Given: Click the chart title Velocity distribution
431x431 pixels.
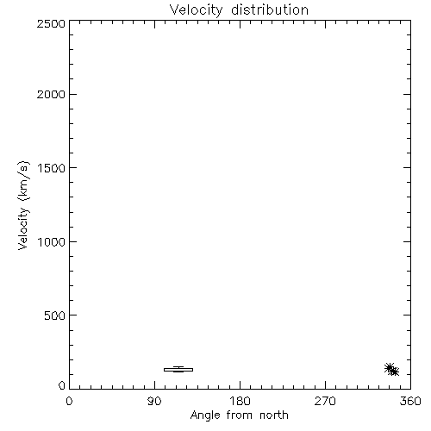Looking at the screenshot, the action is click(239, 10).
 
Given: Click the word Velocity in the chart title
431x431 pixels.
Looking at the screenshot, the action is click(196, 10).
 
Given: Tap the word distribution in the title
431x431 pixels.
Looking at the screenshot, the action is click(270, 9).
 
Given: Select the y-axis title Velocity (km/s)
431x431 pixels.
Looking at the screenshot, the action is click(23, 205).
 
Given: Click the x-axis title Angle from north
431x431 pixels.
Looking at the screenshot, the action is click(239, 415).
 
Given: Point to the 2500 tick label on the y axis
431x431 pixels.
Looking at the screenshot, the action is click(51, 23).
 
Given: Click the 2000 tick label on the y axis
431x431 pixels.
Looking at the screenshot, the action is click(51, 94).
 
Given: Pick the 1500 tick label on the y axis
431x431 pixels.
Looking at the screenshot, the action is click(52, 168).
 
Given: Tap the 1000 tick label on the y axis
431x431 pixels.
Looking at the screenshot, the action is click(52, 241).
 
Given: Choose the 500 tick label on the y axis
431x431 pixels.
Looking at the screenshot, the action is click(55, 315).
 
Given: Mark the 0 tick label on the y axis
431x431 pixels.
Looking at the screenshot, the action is click(62, 385).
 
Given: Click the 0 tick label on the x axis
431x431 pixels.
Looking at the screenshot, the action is click(69, 401).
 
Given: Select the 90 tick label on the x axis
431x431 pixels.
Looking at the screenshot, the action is click(154, 401).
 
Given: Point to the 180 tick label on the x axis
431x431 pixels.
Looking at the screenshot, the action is click(240, 401).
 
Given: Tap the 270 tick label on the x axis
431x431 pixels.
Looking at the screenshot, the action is click(325, 401).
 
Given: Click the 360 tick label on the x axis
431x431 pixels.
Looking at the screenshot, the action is click(410, 401).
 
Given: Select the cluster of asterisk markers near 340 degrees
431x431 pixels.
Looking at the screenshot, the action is click(391, 370).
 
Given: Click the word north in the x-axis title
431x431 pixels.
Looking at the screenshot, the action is click(274, 415).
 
